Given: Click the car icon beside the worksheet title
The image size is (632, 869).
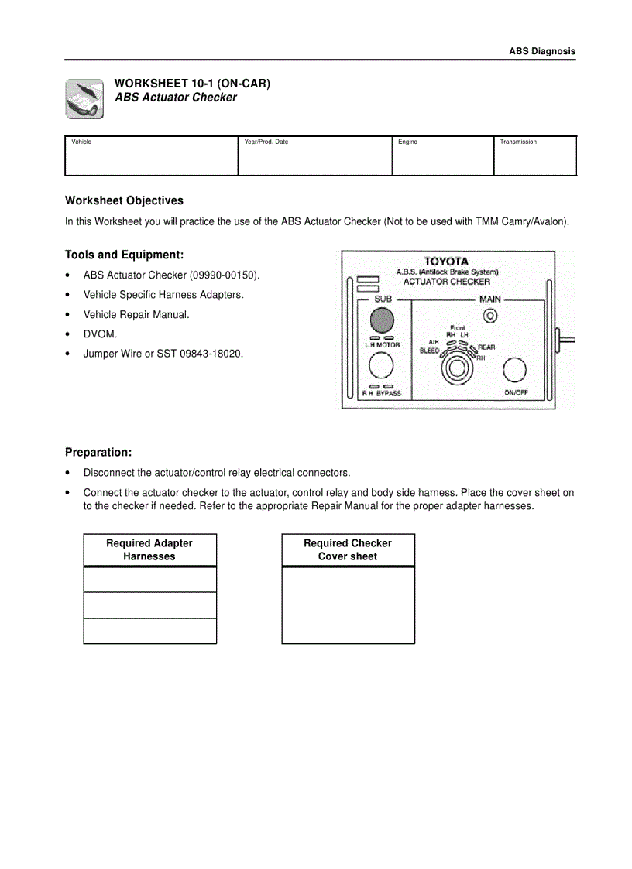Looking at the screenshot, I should (x=84, y=98).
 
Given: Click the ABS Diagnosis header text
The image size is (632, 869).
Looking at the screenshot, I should (x=541, y=51).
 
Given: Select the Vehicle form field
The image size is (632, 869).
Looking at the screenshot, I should (x=151, y=156).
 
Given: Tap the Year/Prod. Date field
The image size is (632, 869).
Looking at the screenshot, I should (x=314, y=156).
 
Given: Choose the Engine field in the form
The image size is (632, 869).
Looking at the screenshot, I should (x=442, y=156).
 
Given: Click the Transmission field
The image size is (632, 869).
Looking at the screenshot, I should (x=534, y=156).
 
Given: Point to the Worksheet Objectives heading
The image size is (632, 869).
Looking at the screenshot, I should (x=124, y=200).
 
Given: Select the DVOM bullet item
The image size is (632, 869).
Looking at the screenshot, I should (x=101, y=334).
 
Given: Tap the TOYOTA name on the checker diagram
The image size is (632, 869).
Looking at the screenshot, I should (x=446, y=262).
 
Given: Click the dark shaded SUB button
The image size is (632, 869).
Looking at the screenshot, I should (x=382, y=320).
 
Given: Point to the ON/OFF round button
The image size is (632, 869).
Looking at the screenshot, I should (x=514, y=371).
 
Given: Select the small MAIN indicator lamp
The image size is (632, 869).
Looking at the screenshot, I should (x=489, y=315).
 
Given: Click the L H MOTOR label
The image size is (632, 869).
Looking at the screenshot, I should (x=383, y=345).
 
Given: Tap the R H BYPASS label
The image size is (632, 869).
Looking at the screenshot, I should (x=382, y=393).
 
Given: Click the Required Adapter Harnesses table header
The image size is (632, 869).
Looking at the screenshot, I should (x=149, y=549).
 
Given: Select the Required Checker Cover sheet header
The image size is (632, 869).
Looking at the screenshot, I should (x=348, y=549).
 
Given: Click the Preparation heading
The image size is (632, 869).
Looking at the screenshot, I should (x=98, y=453).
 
